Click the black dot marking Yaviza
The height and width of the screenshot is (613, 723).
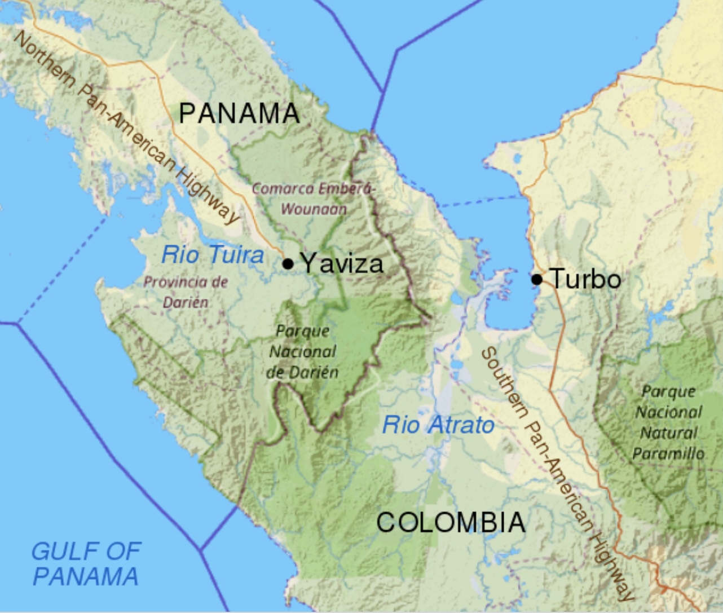[288, 263]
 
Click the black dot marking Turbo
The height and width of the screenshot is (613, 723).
[537, 279]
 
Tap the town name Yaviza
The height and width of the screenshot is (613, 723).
[342, 263]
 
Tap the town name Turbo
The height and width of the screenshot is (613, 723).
[585, 279]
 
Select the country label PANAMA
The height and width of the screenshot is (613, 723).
[239, 114]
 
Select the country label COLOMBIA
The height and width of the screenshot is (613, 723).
[451, 522]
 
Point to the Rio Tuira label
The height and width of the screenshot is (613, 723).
[213, 255]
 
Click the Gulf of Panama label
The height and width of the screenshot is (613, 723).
[86, 563]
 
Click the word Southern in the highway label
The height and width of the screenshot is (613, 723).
[504, 382]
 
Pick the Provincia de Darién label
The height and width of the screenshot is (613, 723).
[186, 292]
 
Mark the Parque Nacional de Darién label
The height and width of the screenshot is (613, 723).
[303, 351]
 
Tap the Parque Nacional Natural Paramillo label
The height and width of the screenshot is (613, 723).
[668, 422]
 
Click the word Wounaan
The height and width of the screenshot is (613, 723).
[314, 209]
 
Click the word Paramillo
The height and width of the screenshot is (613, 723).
[668, 453]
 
